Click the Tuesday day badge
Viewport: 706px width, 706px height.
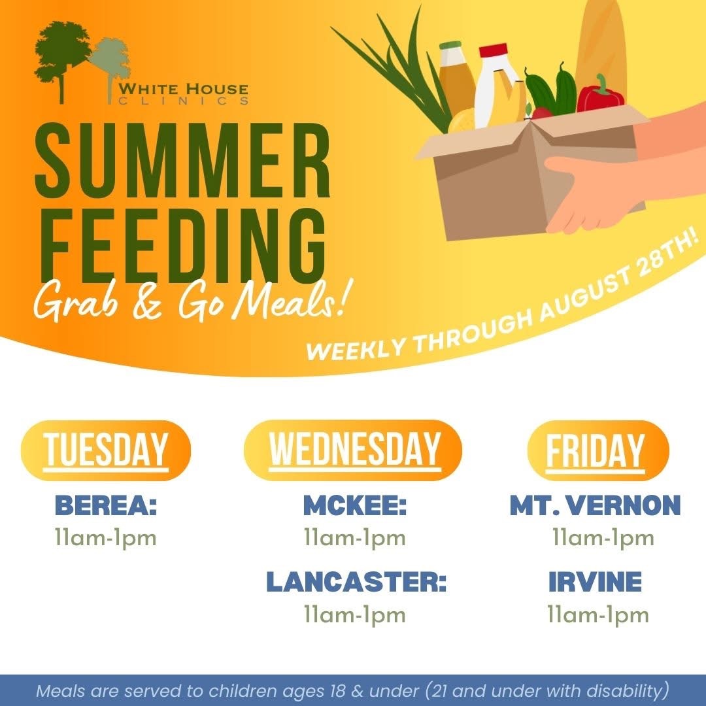click(106, 450)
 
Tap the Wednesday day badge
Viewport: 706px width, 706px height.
click(353, 450)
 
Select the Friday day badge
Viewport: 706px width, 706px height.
click(598, 450)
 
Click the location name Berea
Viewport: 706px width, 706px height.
click(106, 505)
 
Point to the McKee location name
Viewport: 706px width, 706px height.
click(355, 505)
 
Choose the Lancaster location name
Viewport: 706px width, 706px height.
click(356, 582)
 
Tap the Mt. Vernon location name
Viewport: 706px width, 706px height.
click(596, 505)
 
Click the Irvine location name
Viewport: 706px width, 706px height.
click(596, 582)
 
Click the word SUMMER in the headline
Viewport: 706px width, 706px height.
click(182, 161)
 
